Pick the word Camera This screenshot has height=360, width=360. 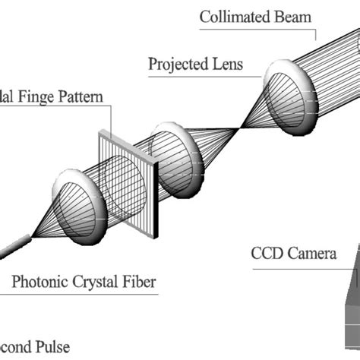pos(311,253)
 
